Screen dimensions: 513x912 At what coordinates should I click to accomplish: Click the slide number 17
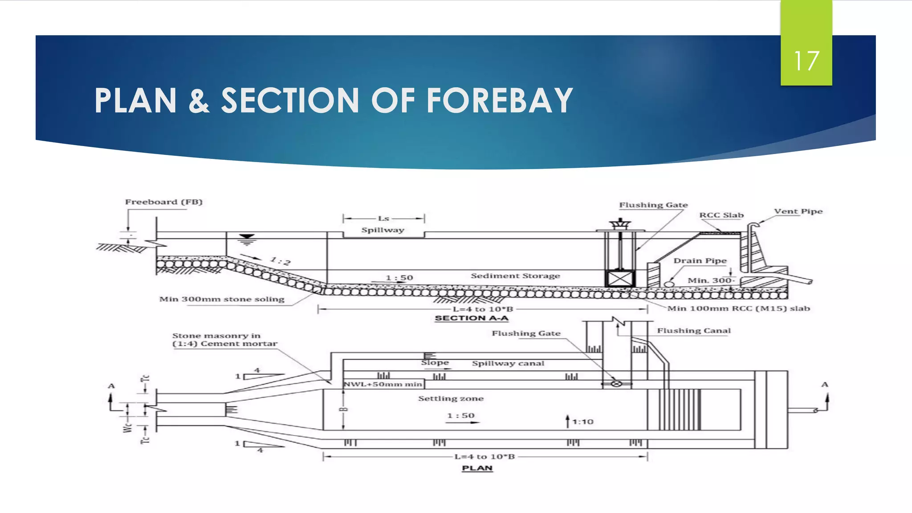click(806, 61)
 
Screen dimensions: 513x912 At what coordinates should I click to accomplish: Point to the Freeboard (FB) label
click(163, 202)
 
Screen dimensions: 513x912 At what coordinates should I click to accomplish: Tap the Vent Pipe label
click(798, 212)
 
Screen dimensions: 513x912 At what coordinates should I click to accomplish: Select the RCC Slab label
click(721, 216)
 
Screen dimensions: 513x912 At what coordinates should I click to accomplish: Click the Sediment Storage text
click(515, 276)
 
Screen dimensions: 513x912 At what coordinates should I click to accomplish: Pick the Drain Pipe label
click(700, 261)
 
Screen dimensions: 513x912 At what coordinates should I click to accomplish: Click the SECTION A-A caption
click(471, 318)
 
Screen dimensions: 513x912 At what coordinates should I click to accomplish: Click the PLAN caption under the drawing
click(477, 468)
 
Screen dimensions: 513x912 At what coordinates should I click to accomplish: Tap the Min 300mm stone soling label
click(222, 299)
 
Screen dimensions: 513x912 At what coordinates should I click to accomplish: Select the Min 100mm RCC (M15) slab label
click(738, 309)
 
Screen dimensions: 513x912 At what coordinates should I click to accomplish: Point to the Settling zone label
click(451, 399)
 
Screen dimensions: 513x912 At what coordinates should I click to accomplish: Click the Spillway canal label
click(508, 363)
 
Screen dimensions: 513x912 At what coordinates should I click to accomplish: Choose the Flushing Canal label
click(694, 331)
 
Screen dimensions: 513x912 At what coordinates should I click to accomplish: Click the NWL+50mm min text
click(383, 384)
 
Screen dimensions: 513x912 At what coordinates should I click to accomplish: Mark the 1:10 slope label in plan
click(582, 422)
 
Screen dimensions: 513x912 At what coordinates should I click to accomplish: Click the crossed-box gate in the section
click(620, 279)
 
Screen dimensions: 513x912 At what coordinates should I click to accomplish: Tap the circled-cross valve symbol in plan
click(616, 384)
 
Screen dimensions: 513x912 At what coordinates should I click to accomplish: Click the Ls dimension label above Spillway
click(383, 219)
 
